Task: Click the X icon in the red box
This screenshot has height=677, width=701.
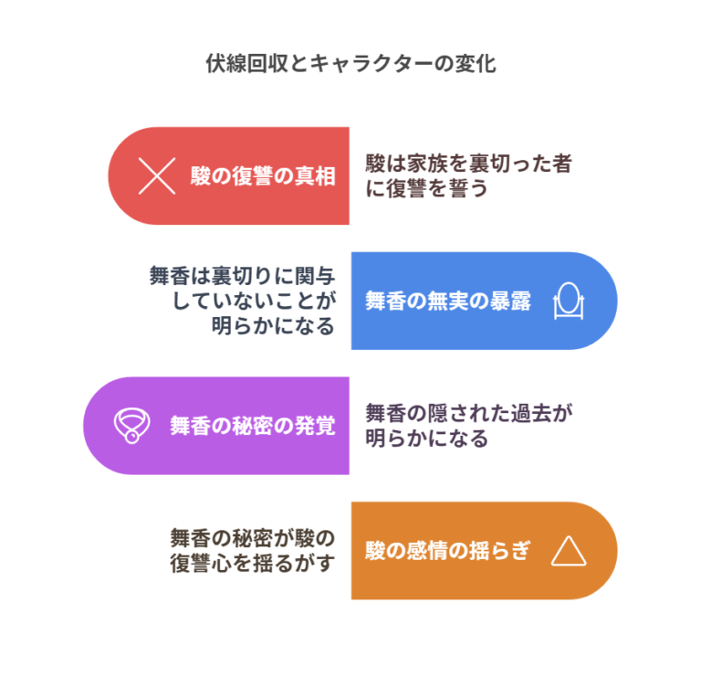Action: [x=156, y=175]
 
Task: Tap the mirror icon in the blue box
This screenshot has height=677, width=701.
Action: [x=568, y=301]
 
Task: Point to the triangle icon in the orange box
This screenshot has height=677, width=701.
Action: [x=568, y=550]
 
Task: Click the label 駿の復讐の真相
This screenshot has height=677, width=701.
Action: [x=263, y=176]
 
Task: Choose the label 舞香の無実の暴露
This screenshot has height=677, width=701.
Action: [x=447, y=301]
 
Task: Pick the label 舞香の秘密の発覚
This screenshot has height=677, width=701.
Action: [x=252, y=426]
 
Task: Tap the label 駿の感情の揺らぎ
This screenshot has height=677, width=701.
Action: [x=447, y=551]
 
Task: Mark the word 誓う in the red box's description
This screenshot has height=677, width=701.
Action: [x=459, y=189]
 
